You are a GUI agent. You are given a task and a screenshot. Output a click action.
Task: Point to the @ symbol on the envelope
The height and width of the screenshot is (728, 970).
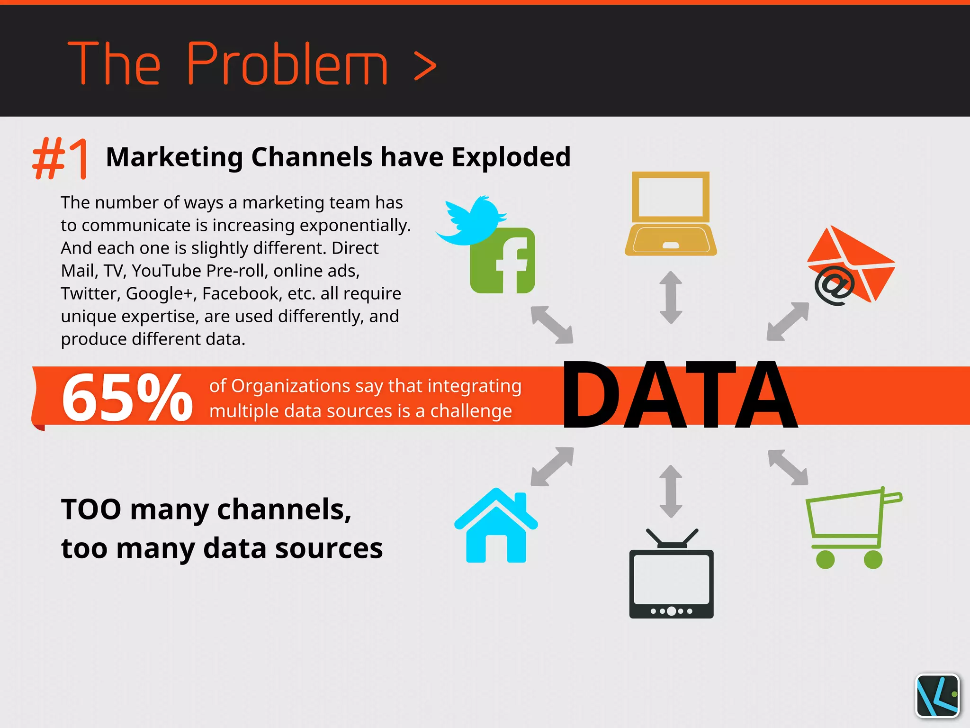[x=835, y=285]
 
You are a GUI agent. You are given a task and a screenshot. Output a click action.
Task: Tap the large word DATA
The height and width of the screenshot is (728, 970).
[x=680, y=395]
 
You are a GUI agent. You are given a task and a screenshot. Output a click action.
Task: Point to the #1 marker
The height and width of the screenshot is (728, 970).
[x=61, y=158]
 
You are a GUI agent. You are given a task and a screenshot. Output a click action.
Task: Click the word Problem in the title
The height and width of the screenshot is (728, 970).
[x=287, y=64]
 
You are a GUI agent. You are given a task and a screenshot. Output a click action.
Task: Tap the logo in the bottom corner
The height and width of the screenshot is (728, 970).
[x=937, y=696]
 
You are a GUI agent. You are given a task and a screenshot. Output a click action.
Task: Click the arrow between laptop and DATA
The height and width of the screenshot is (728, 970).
[x=671, y=298]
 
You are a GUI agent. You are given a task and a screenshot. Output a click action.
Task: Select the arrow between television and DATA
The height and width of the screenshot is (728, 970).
[x=671, y=491]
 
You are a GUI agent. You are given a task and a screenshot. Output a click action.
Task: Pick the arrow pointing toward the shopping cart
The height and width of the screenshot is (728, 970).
[x=788, y=467]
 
